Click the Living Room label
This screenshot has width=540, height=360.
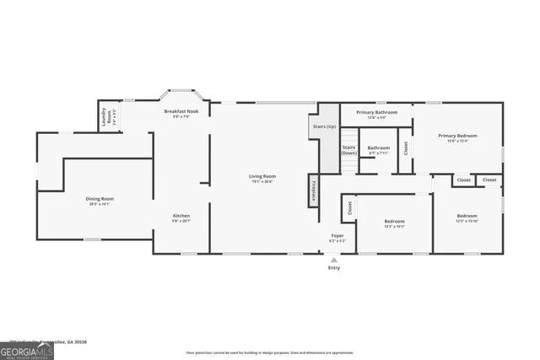pyautogui.click(x=263, y=177)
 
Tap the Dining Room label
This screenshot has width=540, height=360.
pyautogui.click(x=100, y=200)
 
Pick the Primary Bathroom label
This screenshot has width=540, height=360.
pyautogui.click(x=375, y=113)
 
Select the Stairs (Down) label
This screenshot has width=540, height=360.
pyautogui.click(x=348, y=150)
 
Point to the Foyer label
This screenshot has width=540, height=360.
pyautogui.click(x=336, y=238)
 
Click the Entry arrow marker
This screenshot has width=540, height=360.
pyautogui.click(x=335, y=260)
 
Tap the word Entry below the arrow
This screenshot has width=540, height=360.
pyautogui.click(x=335, y=269)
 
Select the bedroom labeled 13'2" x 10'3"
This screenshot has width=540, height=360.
pyautogui.click(x=395, y=224)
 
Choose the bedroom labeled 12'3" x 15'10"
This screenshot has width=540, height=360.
pyautogui.click(x=467, y=218)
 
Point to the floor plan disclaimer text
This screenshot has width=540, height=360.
pyautogui.click(x=270, y=352)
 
